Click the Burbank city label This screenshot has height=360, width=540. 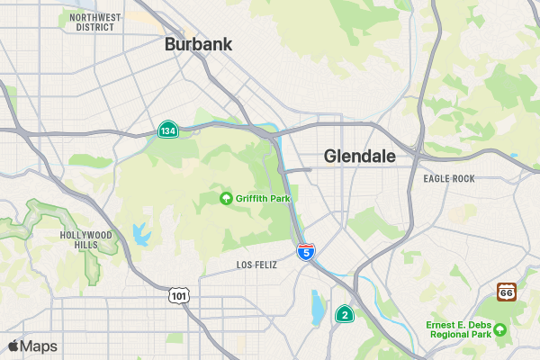coord(198,44)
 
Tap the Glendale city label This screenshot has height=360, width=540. coord(359,156)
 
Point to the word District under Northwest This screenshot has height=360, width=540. coord(94,27)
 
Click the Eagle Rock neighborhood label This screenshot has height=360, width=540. coord(448,179)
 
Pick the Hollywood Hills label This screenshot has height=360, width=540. coord(85,239)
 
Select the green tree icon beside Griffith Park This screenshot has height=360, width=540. coord(226,198)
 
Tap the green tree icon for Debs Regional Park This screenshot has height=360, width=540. coord(500,330)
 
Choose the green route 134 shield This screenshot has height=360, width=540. coord(167,130)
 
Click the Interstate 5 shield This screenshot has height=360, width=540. coord(306,251)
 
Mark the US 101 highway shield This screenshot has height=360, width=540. coord(178,294)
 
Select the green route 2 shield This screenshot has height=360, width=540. coord(344,314)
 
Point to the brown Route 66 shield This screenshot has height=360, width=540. coord(507,292)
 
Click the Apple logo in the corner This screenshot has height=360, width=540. coord(13,346)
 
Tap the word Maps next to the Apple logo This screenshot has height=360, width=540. coord(39,346)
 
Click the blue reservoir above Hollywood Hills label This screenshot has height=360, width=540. coord(139,234)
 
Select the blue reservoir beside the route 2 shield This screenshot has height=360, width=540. coord(318,306)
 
